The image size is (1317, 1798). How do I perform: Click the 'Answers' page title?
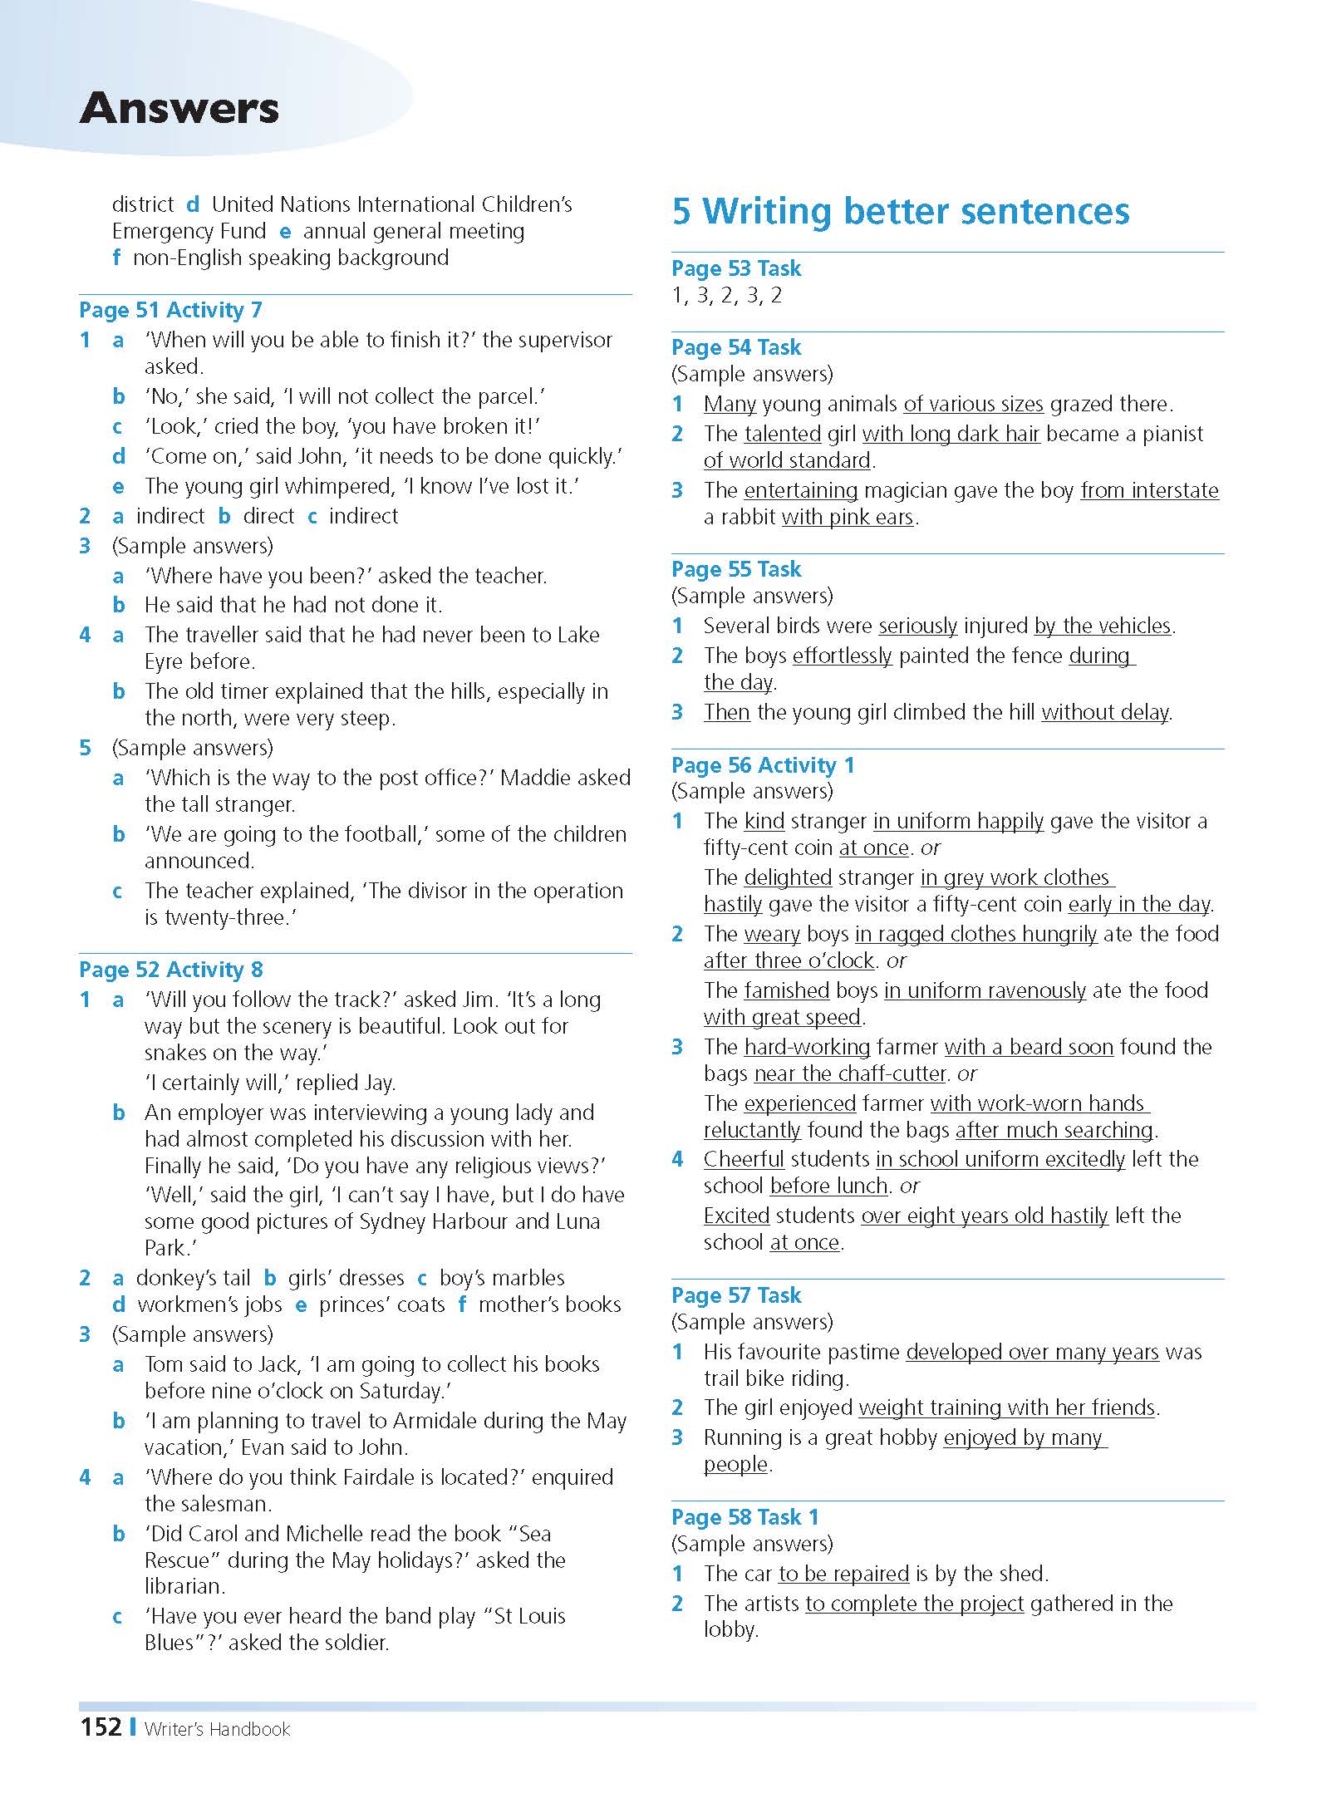click(x=179, y=109)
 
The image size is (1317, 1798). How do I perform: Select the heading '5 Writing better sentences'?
click(x=901, y=211)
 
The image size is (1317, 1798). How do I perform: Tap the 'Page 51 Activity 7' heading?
click(x=170, y=310)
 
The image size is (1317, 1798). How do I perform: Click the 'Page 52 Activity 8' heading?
click(x=170, y=970)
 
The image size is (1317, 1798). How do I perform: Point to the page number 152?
click(x=101, y=1727)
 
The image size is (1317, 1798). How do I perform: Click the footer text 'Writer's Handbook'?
click(x=217, y=1730)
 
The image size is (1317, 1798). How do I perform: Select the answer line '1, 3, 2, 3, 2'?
click(x=727, y=296)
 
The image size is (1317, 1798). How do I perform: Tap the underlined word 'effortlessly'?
click(x=842, y=656)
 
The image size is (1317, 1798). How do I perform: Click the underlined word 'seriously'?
click(x=917, y=626)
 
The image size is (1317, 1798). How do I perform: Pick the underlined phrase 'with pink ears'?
click(x=848, y=518)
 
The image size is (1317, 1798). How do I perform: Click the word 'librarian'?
click(x=184, y=1586)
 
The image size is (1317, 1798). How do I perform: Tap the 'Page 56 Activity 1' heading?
click(x=763, y=765)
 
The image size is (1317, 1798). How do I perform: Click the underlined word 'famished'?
click(x=786, y=990)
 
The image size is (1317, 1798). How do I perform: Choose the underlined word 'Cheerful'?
click(x=744, y=1159)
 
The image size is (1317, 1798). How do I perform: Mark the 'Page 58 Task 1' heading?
click(x=745, y=1517)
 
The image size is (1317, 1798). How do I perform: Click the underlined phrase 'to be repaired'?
click(x=843, y=1574)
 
